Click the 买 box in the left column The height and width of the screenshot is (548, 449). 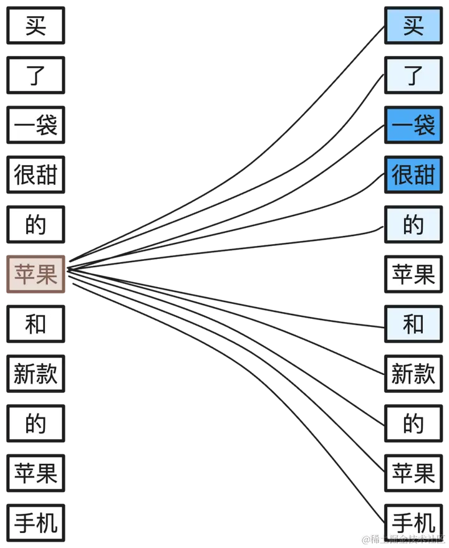(36, 26)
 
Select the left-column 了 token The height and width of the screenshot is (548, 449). (36, 75)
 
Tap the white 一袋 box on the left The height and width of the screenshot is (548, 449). (36, 125)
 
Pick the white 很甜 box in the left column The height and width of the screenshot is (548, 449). (36, 175)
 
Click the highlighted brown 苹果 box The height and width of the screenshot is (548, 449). (36, 274)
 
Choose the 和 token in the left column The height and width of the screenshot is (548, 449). (36, 324)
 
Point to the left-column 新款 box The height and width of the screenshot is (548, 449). (36, 374)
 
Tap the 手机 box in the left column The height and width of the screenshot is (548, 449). (36, 522)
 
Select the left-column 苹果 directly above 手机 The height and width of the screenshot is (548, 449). (36, 473)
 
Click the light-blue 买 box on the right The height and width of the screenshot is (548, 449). (413, 26)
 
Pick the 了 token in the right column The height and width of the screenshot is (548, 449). (413, 75)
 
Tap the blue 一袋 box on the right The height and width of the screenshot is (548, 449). (413, 125)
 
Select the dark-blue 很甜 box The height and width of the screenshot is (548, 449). (413, 175)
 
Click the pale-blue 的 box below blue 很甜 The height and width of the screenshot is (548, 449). (413, 225)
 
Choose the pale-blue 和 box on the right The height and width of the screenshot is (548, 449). (413, 324)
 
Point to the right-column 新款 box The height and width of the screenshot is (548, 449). (413, 374)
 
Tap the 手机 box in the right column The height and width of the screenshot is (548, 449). (413, 522)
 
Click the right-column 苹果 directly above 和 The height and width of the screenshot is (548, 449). (413, 274)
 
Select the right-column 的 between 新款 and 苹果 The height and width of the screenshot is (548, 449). (413, 423)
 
